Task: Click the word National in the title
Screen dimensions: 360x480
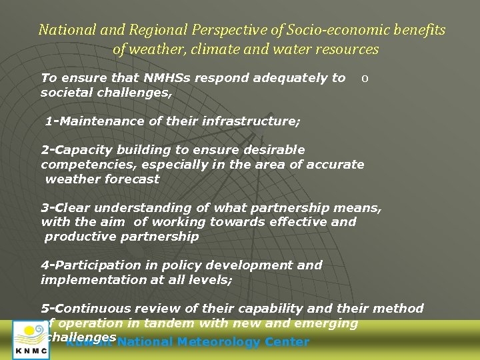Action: (62, 30)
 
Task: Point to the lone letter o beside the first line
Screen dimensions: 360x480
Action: (364, 78)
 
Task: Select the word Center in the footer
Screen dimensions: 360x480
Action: (287, 342)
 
